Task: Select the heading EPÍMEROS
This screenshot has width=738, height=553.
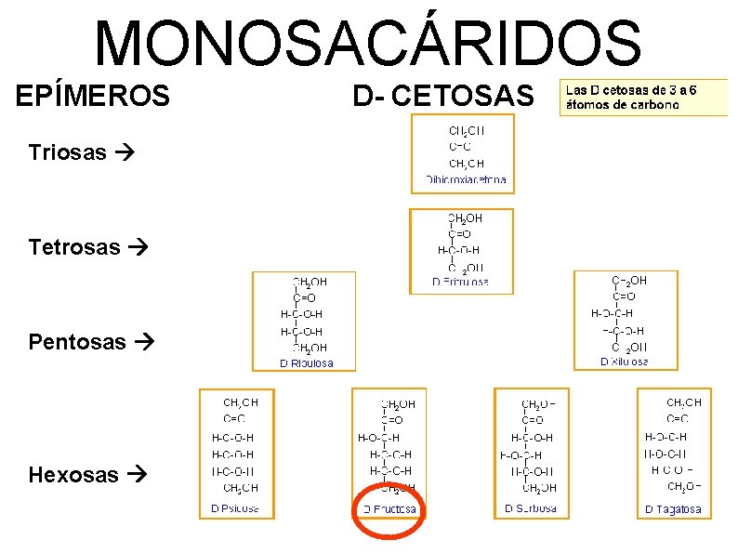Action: coord(93,96)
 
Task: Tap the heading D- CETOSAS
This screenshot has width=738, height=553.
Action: coord(444,96)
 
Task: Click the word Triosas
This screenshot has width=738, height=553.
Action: coord(67,152)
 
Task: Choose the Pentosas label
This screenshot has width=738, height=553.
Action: coord(77,342)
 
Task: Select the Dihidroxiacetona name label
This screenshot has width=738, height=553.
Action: coord(467,179)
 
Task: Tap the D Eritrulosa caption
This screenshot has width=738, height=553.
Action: coord(462,282)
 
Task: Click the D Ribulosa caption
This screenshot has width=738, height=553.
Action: coord(307,363)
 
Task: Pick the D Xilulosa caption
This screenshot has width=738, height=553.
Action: coord(625,361)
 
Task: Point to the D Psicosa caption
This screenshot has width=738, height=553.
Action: coord(235,508)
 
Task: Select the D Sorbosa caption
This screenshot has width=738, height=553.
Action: coord(532,508)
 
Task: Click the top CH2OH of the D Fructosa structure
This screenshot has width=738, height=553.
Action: coord(398,404)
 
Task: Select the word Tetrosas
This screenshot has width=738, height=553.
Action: coord(74,247)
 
